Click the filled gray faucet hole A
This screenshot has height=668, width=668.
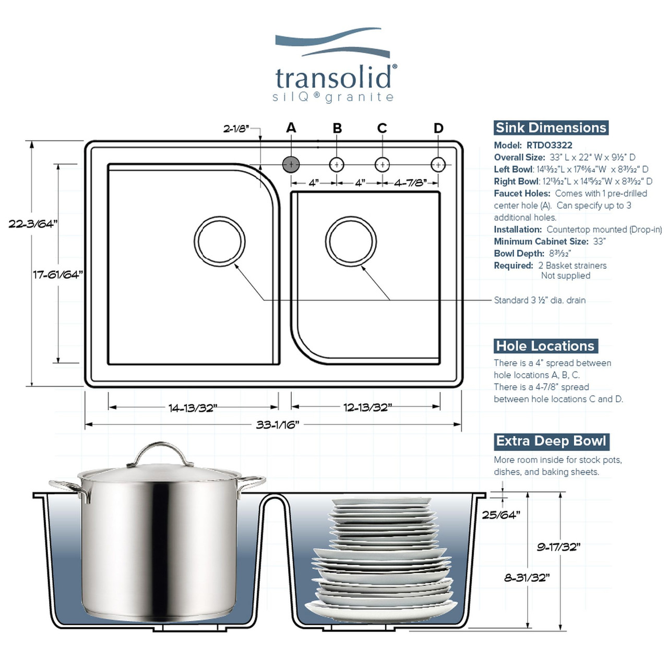click(291, 164)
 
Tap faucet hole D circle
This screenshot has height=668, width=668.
click(438, 164)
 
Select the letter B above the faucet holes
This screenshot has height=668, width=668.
click(337, 128)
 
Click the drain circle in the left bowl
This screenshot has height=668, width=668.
click(220, 241)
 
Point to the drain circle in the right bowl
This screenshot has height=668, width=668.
click(351, 241)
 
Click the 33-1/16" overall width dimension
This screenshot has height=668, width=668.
click(277, 425)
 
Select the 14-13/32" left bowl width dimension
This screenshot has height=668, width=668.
click(193, 408)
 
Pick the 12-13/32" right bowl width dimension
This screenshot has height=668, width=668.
click(367, 408)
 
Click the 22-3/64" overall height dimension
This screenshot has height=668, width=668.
click(32, 224)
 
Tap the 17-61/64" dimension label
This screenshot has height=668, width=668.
click(58, 275)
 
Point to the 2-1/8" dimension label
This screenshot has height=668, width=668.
click(236, 129)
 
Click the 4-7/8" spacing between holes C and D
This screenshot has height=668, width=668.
click(410, 183)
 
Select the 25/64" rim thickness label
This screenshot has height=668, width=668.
click(500, 515)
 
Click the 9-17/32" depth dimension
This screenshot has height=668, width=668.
click(558, 547)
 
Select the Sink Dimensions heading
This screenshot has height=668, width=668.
click(551, 128)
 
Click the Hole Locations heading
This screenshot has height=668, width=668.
click(545, 346)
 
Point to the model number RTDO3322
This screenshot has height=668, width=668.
click(549, 145)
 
